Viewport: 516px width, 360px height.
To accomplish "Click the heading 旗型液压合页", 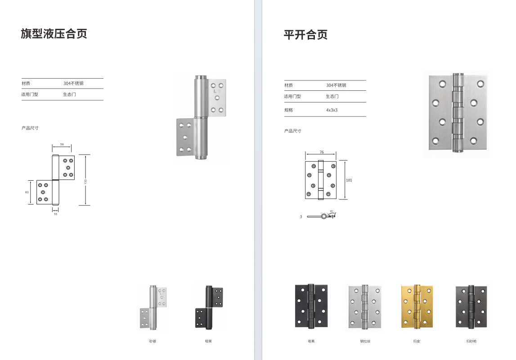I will point(54,34).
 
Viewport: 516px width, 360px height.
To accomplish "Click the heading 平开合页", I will point(305,35).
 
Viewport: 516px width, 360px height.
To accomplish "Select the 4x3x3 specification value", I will point(332,110).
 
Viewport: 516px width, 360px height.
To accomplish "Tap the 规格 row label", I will point(288,110).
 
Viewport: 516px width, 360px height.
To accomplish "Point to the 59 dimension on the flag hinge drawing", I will point(62,144).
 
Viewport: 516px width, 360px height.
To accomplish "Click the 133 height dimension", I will point(85,181).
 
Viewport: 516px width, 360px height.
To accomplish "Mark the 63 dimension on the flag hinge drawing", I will point(27,192).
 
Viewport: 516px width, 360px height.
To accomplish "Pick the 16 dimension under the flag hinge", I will point(55,214).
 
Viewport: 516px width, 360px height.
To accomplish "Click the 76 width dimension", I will point(322,152).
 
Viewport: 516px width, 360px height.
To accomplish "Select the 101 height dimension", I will point(349,180).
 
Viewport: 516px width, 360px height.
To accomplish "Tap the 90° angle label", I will point(332,211).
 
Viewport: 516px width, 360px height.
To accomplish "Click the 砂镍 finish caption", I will point(153,342).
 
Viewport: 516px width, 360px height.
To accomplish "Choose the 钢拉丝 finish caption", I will point(365,342).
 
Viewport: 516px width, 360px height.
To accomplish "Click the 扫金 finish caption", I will point(417,342).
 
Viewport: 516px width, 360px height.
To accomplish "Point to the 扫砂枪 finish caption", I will point(471,342).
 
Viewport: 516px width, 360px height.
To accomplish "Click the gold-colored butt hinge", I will point(417,307).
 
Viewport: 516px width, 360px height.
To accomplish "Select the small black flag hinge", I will point(209,308).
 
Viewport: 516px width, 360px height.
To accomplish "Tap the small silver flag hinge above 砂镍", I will point(153,308).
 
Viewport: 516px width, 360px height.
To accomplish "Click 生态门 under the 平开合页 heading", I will point(332,96).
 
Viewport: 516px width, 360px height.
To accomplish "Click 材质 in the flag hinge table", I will point(26,83).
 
